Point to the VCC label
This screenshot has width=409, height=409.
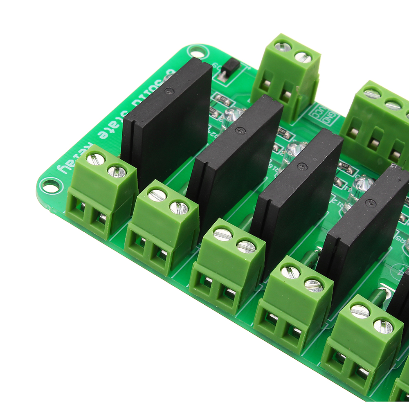point(317,110)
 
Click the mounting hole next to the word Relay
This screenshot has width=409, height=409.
point(50,187)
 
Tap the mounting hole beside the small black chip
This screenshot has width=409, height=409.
point(197,53)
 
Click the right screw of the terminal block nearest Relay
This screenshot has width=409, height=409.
point(117,172)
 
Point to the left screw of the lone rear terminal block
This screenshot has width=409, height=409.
point(283,47)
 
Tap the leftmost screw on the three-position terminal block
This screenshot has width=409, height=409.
point(372,94)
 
